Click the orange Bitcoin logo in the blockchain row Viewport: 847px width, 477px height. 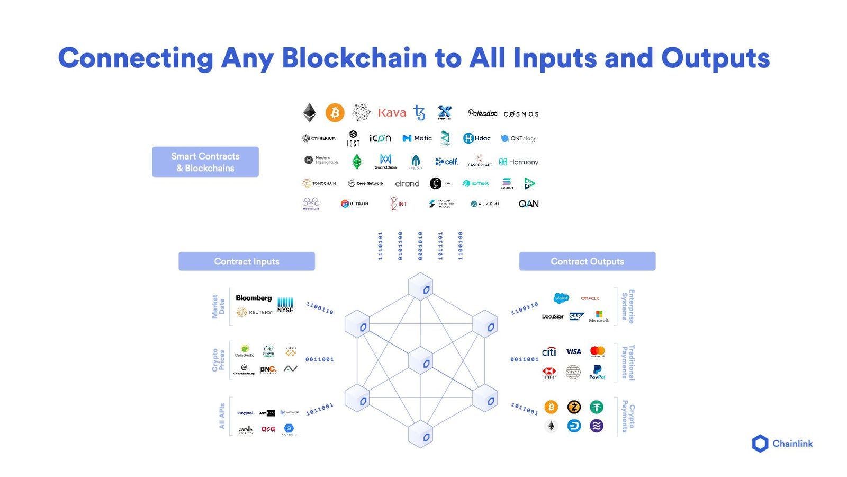335,113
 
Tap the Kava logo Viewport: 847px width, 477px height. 392,113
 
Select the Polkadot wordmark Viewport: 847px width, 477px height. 483,113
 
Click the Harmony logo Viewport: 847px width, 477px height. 519,162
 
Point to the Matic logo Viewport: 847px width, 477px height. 417,138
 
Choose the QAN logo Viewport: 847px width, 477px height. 528,204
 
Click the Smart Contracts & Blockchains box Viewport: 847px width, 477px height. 205,162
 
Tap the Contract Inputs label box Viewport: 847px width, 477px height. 247,261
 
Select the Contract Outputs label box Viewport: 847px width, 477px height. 587,261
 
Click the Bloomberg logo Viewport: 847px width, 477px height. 254,298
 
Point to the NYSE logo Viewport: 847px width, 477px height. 285,305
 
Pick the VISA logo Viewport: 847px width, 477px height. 573,351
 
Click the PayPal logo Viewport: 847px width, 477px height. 597,372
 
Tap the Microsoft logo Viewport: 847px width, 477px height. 599,317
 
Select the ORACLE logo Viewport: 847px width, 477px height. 590,298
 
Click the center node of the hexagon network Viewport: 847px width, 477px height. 421,363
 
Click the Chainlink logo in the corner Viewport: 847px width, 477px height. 782,444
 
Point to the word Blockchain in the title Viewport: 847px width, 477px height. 354,58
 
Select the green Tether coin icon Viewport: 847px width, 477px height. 597,407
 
